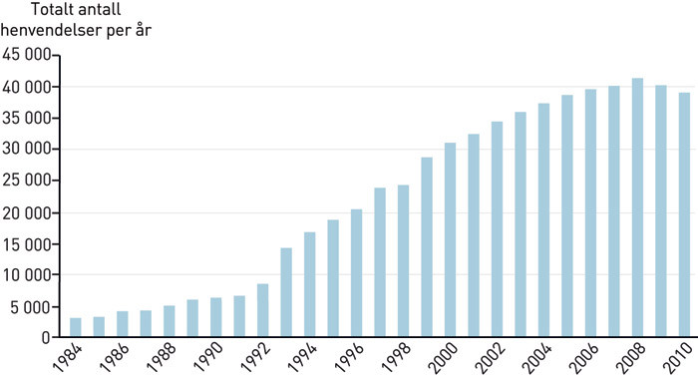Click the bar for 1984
(76, 327)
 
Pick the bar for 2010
(684, 214)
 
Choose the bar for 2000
(450, 239)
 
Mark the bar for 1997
(380, 262)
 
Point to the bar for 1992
(262, 310)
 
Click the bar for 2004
(543, 220)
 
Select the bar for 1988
(169, 321)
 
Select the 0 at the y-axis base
(46, 338)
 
